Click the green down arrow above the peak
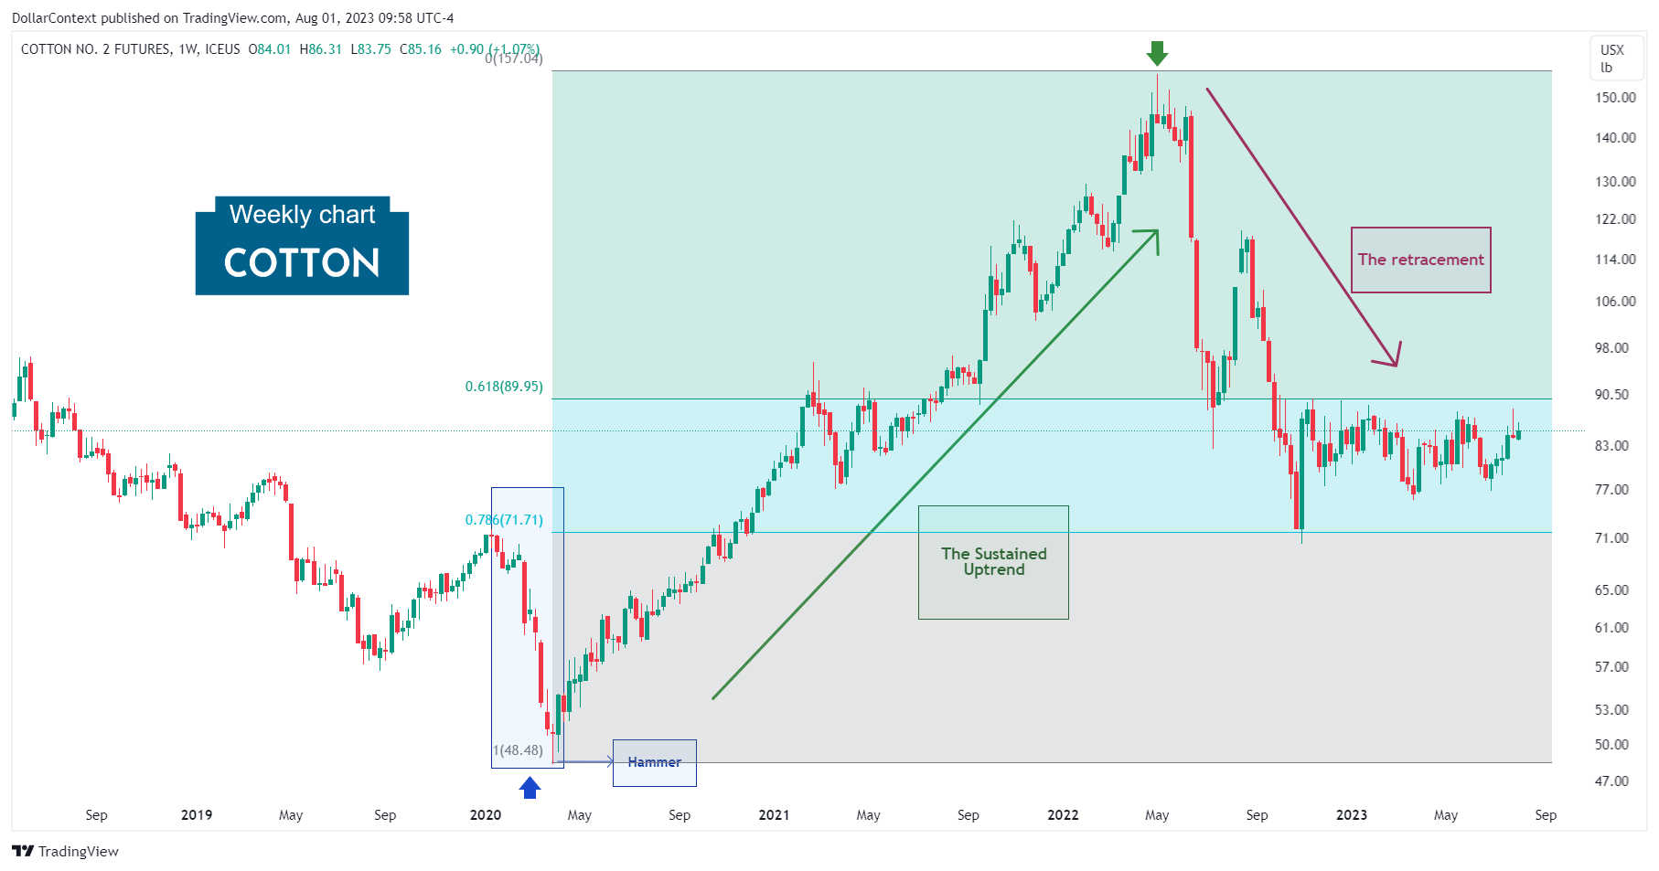1157,53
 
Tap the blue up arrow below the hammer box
530,787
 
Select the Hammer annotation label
654,762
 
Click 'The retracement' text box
1420,260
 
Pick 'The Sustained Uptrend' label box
993,562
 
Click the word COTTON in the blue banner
302,263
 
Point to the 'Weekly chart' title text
302,215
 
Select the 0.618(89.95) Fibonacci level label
504,387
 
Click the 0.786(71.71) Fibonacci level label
504,520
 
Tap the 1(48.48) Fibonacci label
518,750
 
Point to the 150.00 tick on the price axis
1615,98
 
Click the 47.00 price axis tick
1611,781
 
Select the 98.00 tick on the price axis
1611,348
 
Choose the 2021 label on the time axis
774,815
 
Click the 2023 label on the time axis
1351,815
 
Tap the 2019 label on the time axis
197,815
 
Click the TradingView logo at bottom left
66,851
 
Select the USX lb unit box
1611,58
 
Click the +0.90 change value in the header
466,49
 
